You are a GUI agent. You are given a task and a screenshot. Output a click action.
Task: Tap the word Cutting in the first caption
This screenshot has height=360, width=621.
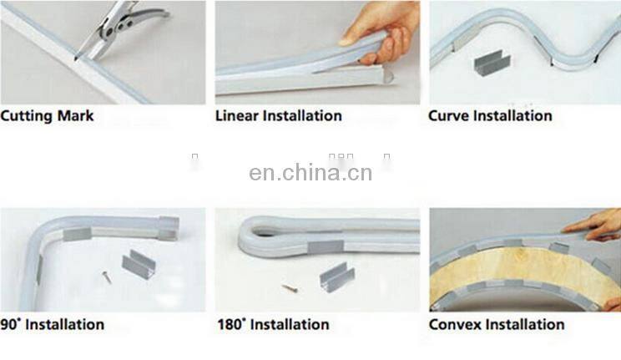[27, 116]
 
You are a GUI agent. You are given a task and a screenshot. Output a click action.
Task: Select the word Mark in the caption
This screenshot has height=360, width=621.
[76, 116]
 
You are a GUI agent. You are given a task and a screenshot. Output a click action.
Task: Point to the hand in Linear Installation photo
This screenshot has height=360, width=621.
[381, 33]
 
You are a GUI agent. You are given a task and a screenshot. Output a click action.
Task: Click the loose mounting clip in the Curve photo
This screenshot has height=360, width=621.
[492, 63]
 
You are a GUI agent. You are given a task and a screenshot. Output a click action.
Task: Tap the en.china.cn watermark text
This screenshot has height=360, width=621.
[310, 173]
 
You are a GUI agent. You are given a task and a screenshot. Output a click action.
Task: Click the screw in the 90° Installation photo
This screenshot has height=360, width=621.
[107, 276]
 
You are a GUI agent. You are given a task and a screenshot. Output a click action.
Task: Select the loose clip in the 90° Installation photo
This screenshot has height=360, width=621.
[139, 264]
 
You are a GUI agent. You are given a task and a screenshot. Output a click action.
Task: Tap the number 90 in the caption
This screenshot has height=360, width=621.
[9, 324]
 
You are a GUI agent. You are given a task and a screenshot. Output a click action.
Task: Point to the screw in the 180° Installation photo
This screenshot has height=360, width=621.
[290, 288]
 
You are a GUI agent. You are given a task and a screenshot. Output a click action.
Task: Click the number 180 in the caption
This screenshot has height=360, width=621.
[229, 324]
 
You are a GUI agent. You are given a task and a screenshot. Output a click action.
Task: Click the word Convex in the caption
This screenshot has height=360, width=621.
[455, 324]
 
